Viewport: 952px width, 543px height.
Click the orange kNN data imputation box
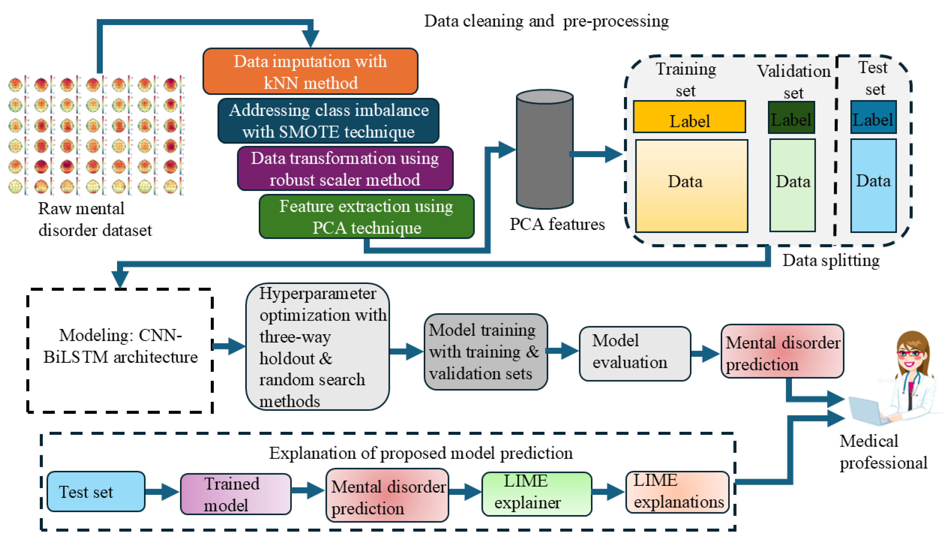click(310, 71)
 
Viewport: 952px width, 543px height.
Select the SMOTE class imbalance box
click(328, 121)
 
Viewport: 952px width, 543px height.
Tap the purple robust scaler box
click(345, 169)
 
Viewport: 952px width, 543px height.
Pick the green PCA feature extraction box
click(367, 217)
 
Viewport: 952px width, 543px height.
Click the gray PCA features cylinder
click(544, 149)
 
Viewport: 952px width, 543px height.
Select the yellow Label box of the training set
click(689, 117)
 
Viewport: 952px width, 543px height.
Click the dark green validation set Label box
click(791, 118)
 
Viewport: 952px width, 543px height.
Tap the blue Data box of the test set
click(873, 185)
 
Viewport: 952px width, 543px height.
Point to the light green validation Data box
click(793, 185)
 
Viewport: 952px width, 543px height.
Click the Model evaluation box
click(635, 353)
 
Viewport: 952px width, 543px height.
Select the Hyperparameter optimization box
click(317, 347)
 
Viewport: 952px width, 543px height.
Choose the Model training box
click(485, 352)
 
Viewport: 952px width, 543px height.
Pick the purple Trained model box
click(235, 494)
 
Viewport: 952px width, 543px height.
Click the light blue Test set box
click(96, 492)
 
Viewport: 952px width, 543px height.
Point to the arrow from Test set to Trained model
click(162, 492)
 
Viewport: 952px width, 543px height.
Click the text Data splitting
click(831, 260)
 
